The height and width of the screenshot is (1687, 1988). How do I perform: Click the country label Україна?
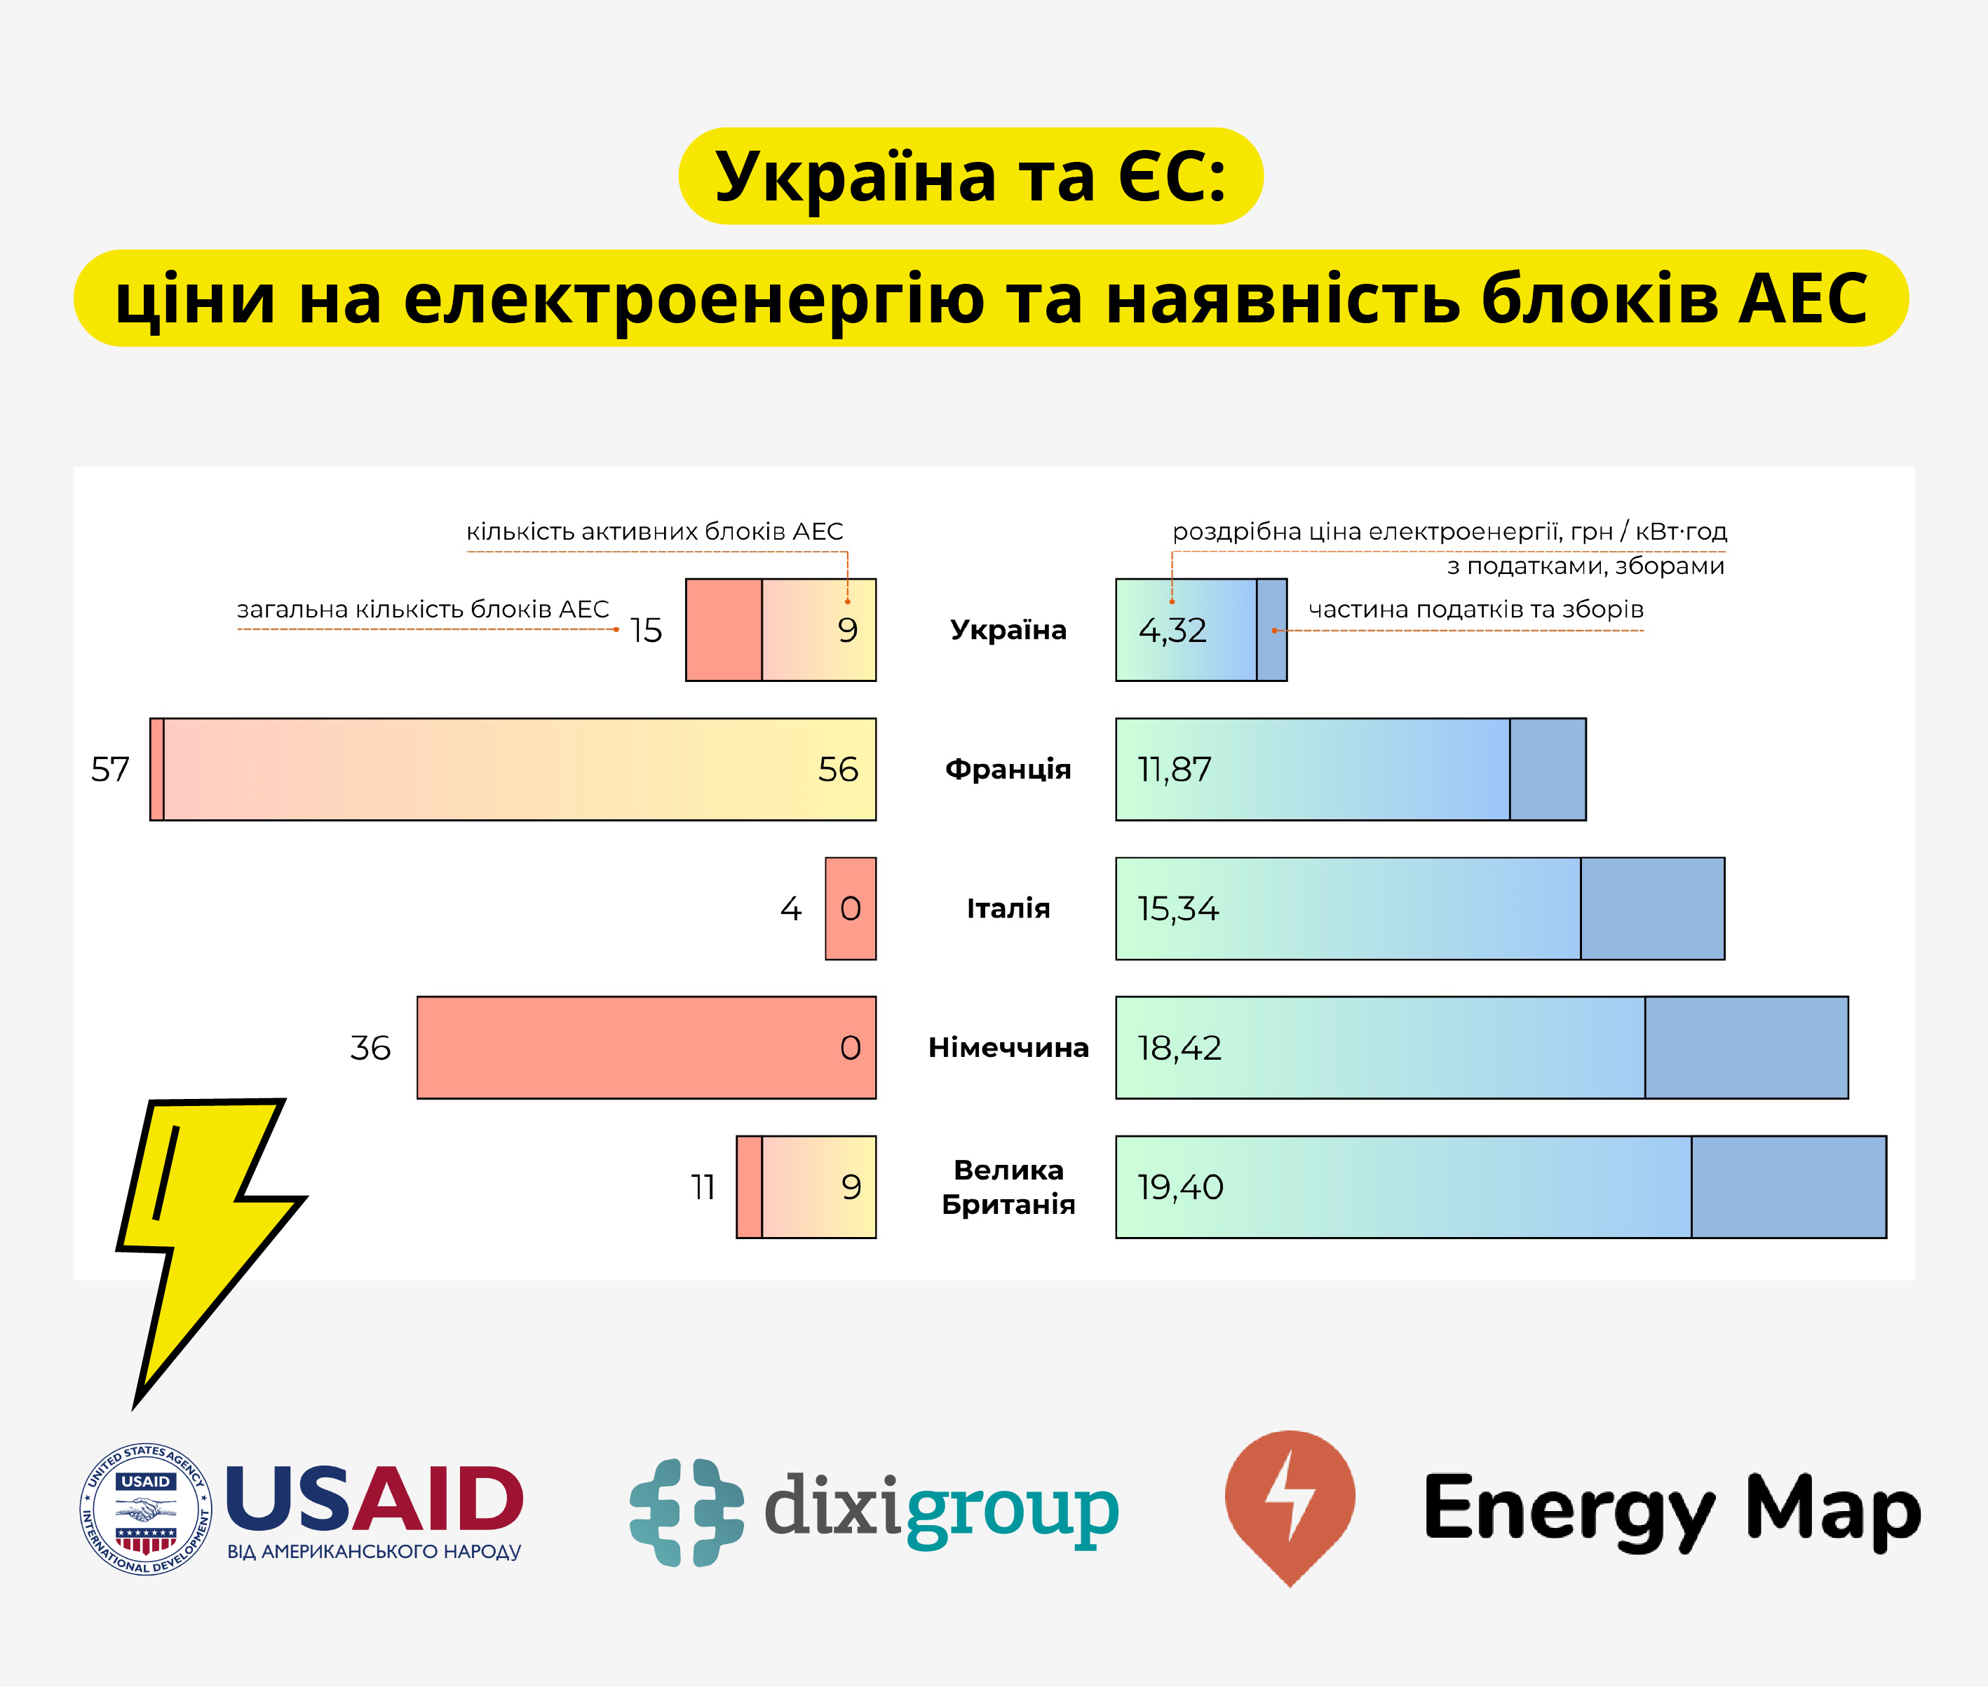tap(1008, 630)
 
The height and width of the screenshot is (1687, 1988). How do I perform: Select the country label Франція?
tap(1008, 769)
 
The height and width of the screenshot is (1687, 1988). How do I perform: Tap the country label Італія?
tap(1008, 908)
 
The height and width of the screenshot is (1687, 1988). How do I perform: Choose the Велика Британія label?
tap(1008, 1187)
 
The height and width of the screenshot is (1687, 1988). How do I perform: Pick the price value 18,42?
tap(1179, 1049)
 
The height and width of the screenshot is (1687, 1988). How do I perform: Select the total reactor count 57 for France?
tap(110, 770)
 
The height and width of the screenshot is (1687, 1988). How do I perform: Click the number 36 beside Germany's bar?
tap(370, 1049)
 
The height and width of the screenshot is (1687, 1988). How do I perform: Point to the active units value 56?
tap(838, 770)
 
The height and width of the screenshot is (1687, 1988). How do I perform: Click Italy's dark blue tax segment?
tap(1652, 908)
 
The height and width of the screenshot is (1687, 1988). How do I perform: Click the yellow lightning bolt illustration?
tap(205, 1234)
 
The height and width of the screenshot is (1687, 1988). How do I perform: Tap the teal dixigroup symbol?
tap(686, 1512)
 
